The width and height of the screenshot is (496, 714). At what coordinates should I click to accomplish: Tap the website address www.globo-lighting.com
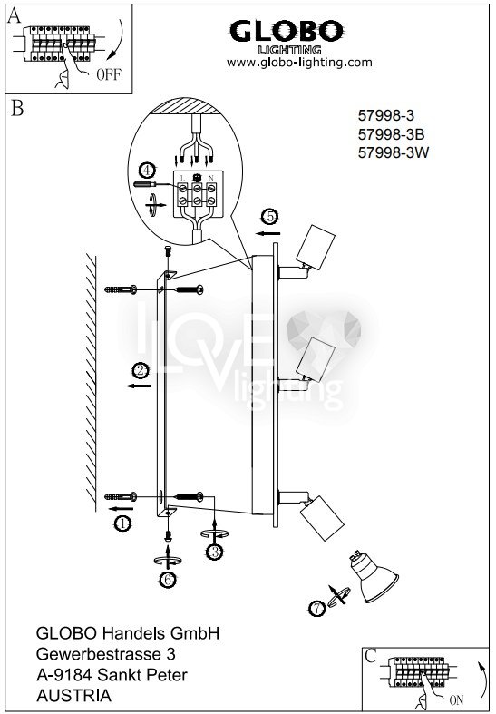(299, 63)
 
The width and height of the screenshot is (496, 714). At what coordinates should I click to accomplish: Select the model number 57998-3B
(391, 134)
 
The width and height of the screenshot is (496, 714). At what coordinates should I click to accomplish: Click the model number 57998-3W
(394, 152)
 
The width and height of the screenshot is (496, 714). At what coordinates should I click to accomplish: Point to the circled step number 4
(147, 171)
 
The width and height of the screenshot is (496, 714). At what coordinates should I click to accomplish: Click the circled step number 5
(270, 217)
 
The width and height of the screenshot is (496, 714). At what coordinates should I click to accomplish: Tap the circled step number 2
(141, 371)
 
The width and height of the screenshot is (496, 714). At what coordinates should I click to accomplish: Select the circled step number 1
(122, 523)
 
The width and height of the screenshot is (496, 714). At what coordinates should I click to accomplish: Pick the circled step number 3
(214, 552)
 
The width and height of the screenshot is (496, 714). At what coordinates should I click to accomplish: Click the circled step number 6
(168, 580)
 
